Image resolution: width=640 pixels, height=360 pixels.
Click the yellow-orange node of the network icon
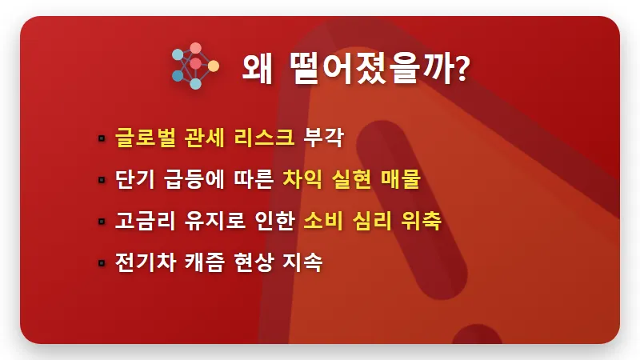(213, 65)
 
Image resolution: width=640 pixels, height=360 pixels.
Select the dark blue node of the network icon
(178, 75)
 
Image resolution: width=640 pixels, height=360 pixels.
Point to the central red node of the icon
(195, 63)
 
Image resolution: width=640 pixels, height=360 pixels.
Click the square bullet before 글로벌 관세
(102, 138)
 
